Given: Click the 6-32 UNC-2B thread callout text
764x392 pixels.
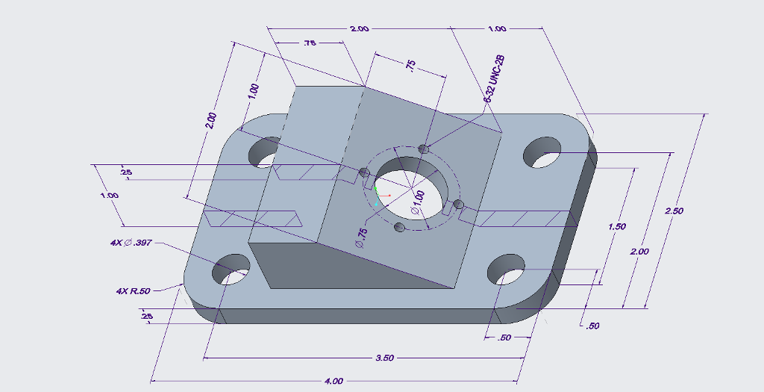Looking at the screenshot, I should point(495,78).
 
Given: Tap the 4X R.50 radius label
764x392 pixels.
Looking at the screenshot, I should point(134,290).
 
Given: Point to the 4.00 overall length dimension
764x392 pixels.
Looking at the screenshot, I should point(334,381).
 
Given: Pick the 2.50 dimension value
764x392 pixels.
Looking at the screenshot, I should point(674,211).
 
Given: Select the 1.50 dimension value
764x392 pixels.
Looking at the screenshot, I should point(617,226).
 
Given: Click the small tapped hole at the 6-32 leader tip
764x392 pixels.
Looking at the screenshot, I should point(424,149).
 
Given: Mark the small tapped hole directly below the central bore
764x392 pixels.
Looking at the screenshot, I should point(401,226).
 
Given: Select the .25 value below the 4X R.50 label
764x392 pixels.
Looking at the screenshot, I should point(146,317).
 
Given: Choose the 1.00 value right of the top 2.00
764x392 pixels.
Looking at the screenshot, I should point(497,29).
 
